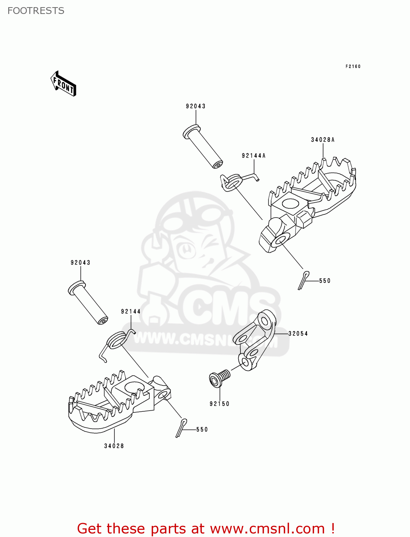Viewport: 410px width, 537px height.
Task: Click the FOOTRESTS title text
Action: tap(36, 11)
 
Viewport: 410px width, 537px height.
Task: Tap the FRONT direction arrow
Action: tap(64, 84)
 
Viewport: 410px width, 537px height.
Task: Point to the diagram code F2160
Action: tap(353, 66)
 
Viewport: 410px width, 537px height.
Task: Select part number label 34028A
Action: tap(323, 140)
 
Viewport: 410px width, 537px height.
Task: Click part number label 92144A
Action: tap(254, 155)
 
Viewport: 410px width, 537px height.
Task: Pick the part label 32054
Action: tap(298, 333)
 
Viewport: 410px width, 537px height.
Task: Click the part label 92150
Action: tap(219, 403)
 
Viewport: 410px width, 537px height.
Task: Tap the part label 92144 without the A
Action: tap(131, 311)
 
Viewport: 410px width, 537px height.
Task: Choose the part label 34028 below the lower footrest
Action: tap(114, 446)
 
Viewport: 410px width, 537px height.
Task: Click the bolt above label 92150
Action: tap(219, 378)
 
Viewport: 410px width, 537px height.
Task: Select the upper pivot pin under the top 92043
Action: tap(202, 146)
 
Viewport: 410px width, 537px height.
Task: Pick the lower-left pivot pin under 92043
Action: tap(88, 303)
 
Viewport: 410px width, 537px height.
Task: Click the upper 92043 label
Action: tap(196, 106)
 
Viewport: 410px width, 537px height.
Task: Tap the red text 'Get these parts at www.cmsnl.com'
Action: tap(206, 528)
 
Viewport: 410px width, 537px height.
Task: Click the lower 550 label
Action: tap(202, 429)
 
